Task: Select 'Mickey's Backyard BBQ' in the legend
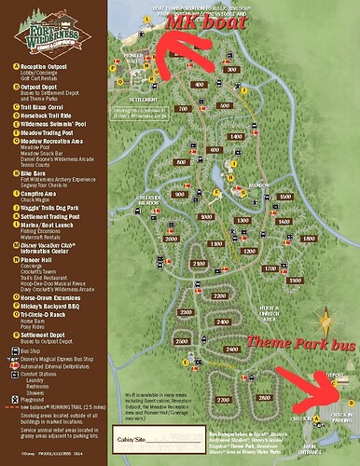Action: [52, 301]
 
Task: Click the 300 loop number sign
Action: [229, 71]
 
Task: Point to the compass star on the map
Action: [325, 326]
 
